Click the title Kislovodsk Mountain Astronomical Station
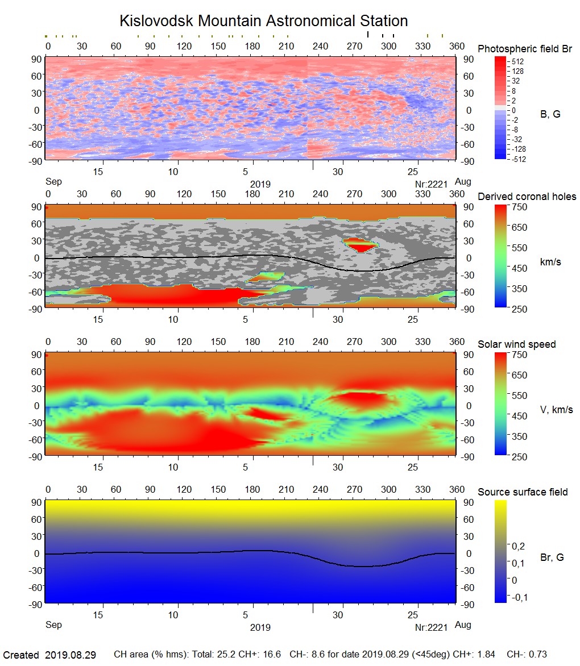[x=263, y=21]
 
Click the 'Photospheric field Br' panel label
[x=525, y=49]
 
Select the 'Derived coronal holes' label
[x=527, y=197]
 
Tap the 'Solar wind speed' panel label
[x=517, y=344]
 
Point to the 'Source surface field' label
[x=523, y=492]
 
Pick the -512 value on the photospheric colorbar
[x=518, y=159]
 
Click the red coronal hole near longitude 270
[x=360, y=245]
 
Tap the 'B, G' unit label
[x=550, y=114]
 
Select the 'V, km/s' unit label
[x=556, y=410]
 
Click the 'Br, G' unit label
[x=552, y=557]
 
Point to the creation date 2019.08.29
[x=71, y=655]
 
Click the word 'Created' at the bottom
[x=21, y=655]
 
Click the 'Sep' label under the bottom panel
[x=53, y=625]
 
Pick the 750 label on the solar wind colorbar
[x=520, y=355]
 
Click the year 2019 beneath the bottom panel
[x=260, y=627]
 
